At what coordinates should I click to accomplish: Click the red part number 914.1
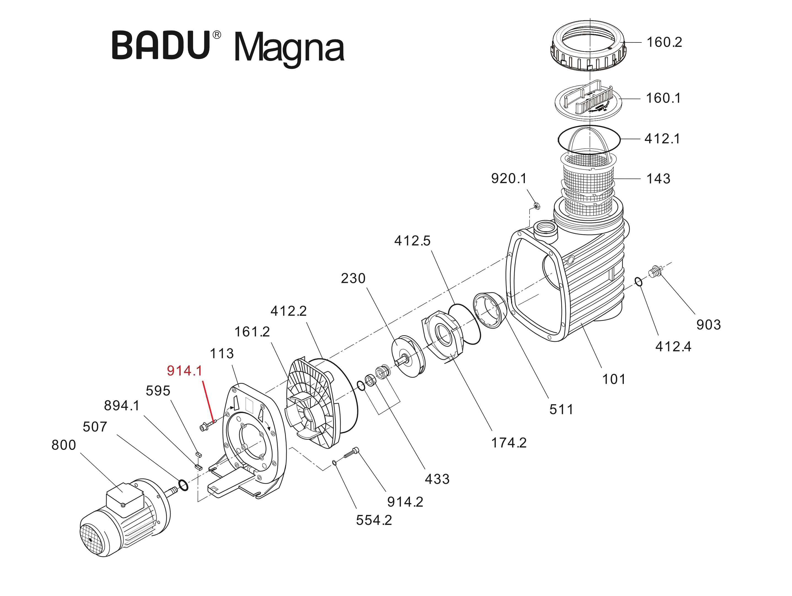(184, 371)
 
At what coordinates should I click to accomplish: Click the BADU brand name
(161, 45)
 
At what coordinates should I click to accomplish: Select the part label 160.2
(664, 42)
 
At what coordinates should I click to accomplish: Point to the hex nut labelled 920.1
(537, 206)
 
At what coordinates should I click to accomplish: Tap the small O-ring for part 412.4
(639, 282)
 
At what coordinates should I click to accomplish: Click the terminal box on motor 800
(125, 499)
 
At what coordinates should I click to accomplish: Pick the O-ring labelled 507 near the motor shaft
(183, 486)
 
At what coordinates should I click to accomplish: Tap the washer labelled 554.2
(334, 463)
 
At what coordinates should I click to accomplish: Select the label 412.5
(412, 241)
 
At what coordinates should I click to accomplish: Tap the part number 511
(561, 409)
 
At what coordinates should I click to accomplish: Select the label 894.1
(121, 406)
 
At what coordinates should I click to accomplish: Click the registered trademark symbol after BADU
(217, 35)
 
